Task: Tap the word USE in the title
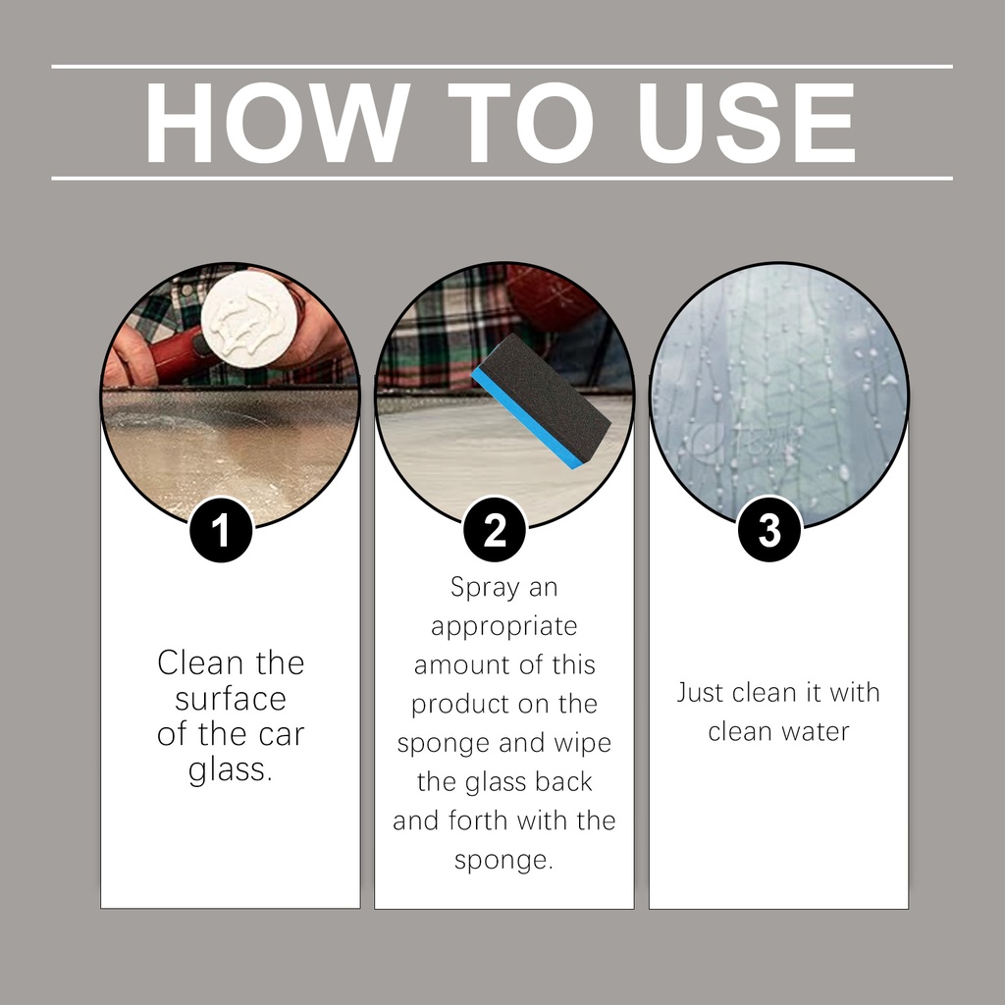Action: [747, 123]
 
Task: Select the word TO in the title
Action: [520, 123]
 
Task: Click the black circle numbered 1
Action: [221, 531]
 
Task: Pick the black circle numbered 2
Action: [495, 531]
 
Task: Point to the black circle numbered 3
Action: [769, 531]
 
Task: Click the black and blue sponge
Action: [542, 400]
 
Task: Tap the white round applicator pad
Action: [249, 319]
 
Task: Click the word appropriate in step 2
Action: [504, 627]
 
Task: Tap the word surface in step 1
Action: [231, 699]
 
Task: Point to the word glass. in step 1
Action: [231, 769]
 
